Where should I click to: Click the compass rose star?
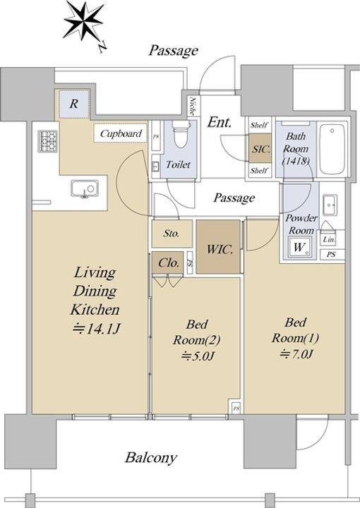[83, 22]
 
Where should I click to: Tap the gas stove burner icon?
[47, 141]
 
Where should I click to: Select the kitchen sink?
[85, 188]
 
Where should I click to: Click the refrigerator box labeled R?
[74, 104]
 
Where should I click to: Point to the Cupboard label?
[121, 133]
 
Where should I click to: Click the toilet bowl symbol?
[181, 134]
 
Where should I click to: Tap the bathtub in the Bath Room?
[332, 149]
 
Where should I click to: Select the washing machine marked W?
[299, 247]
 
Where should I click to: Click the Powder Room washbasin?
[330, 205]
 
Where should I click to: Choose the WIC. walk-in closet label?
[220, 250]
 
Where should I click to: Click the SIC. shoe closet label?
[261, 149]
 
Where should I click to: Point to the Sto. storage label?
[172, 234]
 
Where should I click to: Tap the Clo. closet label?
[169, 262]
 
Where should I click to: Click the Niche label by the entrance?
[192, 107]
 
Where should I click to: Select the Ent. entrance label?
[220, 122]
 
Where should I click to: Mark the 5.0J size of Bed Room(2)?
[198, 356]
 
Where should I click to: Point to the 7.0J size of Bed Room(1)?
[296, 353]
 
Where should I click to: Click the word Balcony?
[151, 458]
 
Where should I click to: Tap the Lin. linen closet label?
[329, 240]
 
